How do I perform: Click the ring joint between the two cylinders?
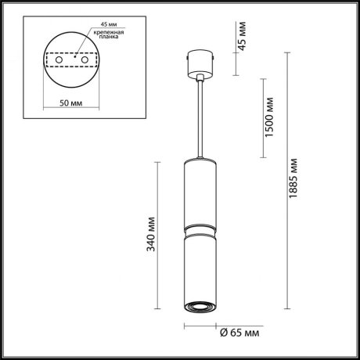coord(199,228)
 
